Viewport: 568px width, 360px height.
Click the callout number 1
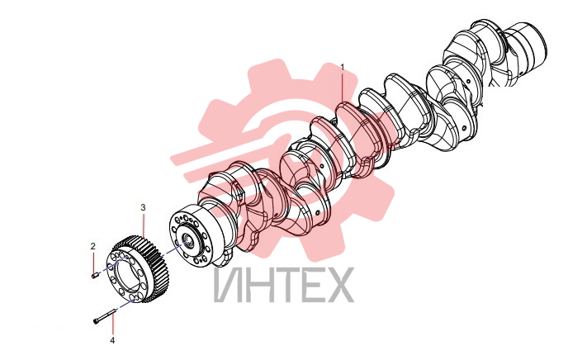[343, 67]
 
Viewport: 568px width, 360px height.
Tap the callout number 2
[93, 246]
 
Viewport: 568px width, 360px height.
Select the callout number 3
[143, 207]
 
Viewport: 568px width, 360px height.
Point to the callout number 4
[112, 340]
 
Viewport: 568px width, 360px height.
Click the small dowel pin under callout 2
[95, 276]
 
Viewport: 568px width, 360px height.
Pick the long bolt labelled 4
[105, 315]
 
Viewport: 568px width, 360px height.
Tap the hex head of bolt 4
[96, 321]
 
